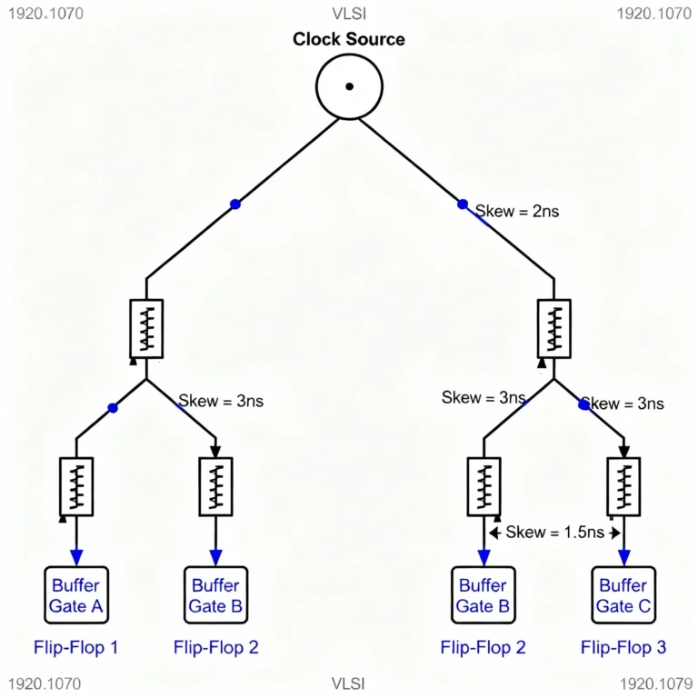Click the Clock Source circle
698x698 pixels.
tap(349, 86)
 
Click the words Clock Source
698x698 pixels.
tap(349, 39)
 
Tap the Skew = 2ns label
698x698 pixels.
tap(516, 211)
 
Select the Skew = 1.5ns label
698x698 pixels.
tap(552, 532)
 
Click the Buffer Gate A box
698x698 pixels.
tap(75, 595)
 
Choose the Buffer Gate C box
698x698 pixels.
tap(623, 595)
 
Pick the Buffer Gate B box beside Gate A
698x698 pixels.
tap(215, 595)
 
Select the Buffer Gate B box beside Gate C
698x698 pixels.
tap(483, 595)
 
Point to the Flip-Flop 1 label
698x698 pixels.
tap(75, 648)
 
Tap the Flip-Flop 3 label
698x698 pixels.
tap(623, 648)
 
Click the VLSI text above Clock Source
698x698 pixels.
tap(349, 13)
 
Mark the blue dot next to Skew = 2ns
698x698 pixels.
tap(463, 204)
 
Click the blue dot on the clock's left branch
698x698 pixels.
tap(235, 204)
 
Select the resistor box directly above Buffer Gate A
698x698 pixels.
tap(75, 486)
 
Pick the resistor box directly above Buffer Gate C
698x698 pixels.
tap(623, 486)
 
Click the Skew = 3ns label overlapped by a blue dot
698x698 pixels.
tap(623, 404)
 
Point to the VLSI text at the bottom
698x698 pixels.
tap(349, 683)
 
